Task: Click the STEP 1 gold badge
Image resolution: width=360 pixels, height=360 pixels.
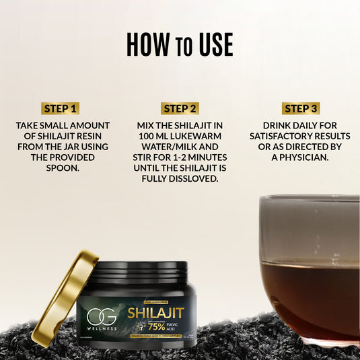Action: pos(61,108)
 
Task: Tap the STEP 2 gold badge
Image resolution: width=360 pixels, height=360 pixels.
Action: pos(180,108)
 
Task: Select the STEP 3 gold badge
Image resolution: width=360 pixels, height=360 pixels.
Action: pos(301,108)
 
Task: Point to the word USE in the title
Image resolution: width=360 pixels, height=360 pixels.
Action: pos(215,44)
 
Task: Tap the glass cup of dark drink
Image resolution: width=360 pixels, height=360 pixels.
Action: pos(310,269)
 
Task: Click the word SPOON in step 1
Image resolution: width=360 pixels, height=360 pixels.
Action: pos(61,168)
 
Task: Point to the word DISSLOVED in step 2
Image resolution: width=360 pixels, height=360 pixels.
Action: pos(180,179)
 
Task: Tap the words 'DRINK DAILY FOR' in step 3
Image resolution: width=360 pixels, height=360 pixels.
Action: pos(301,126)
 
